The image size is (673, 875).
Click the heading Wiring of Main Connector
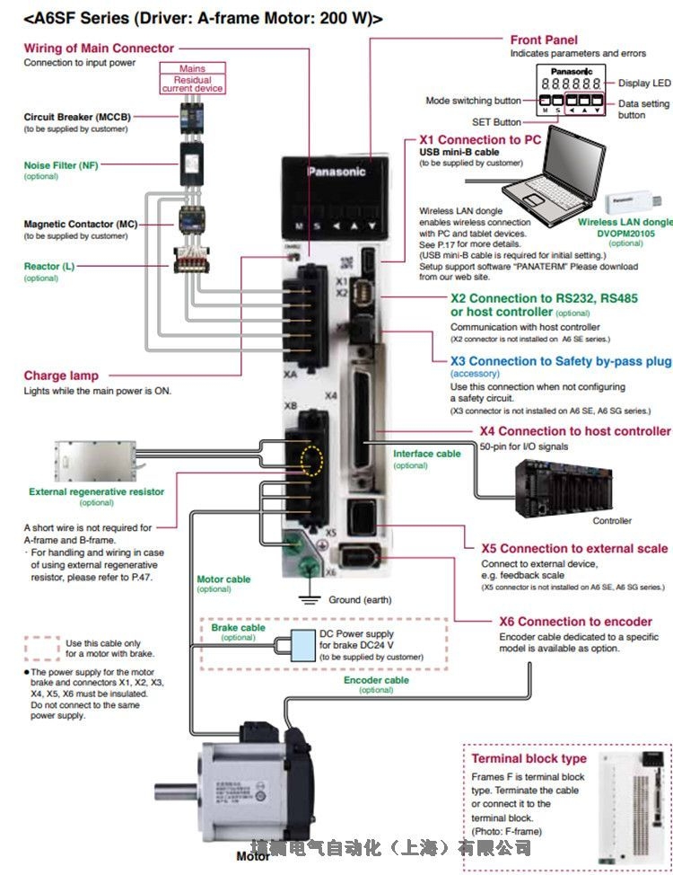pyautogui.click(x=99, y=48)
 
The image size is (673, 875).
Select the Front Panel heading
pyautogui.click(x=544, y=40)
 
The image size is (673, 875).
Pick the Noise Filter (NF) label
pyautogui.click(x=61, y=165)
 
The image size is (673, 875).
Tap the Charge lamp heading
pyautogui.click(x=61, y=376)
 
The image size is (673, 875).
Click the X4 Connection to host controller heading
pyautogui.click(x=575, y=431)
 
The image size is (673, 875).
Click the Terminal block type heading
pyautogui.click(x=529, y=759)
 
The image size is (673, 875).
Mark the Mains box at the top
pyautogui.click(x=192, y=68)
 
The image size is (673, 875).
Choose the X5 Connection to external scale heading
pyautogui.click(x=575, y=548)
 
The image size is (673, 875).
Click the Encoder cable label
pyautogui.click(x=376, y=680)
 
